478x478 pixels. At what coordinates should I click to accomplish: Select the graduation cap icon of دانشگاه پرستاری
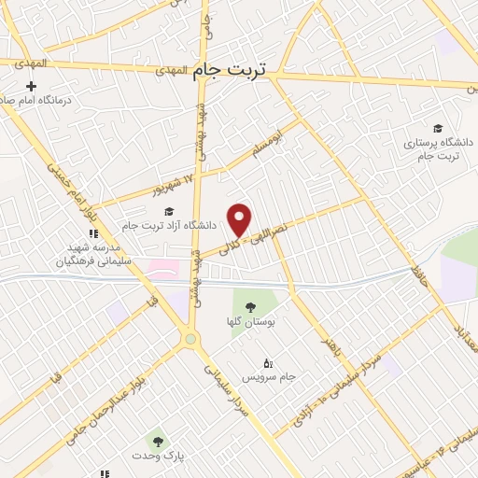[x=437, y=128]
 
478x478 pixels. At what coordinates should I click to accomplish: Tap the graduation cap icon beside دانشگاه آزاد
[x=169, y=211]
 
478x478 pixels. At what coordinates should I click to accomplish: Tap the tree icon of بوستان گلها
[x=249, y=306]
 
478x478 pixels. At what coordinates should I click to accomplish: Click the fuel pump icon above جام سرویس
[x=269, y=362]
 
